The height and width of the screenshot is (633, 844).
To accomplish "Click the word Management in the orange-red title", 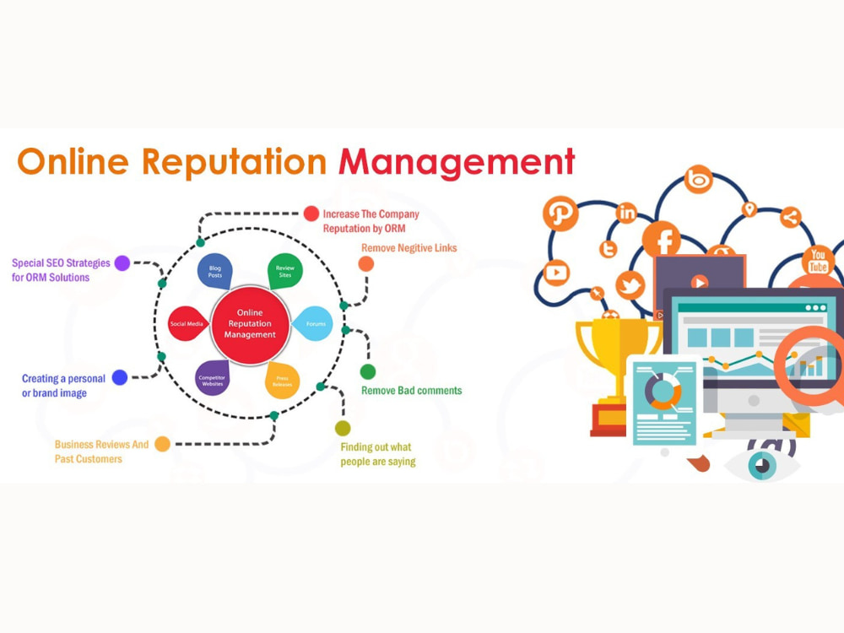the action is point(457,162).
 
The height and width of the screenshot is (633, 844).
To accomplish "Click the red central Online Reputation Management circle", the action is point(251,325).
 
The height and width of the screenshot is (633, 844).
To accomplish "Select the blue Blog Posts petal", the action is point(214,271).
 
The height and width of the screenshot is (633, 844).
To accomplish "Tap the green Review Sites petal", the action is point(284,271).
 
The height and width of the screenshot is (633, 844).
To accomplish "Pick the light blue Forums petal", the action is point(313,323).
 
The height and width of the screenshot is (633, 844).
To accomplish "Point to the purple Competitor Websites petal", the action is point(213,378).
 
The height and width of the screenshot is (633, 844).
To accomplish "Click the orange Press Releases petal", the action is point(282,380).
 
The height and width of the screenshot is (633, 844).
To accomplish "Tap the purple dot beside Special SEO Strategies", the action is point(122,262).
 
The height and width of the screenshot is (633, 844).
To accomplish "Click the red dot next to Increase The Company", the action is point(311,214).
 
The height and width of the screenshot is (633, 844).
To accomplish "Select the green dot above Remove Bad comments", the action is point(368,371).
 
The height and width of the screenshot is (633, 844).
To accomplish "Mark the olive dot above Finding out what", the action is point(343,429).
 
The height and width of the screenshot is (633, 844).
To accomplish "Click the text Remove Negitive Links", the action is point(409,247).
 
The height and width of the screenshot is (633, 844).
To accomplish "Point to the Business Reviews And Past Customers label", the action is point(101,452).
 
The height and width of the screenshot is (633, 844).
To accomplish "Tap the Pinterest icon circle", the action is point(560,214).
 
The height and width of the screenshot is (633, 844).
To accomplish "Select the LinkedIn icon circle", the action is point(626,214).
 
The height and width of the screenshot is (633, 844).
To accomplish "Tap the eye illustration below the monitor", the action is point(762,463).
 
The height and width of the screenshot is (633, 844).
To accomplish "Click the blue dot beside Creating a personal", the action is point(120,377).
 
